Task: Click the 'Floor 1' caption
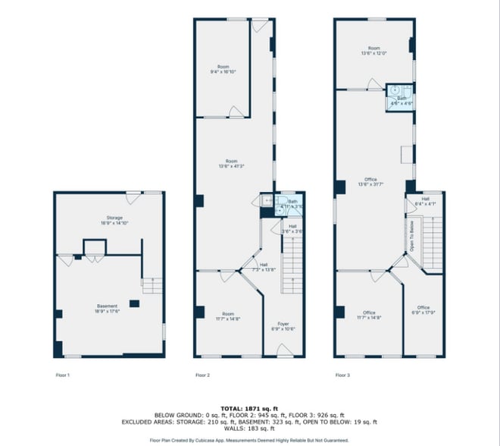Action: pyautogui.click(x=63, y=375)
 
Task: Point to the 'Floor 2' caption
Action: pyautogui.click(x=202, y=375)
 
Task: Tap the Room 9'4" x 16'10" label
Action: pyautogui.click(x=223, y=70)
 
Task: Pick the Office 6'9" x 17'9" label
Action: pyautogui.click(x=423, y=309)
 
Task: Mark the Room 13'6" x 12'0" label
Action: pyautogui.click(x=373, y=52)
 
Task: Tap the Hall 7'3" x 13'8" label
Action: pyautogui.click(x=253, y=267)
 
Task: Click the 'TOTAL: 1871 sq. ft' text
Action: pyautogui.click(x=249, y=408)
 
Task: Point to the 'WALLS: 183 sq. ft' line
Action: pyautogui.click(x=249, y=429)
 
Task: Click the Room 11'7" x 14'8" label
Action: pyautogui.click(x=228, y=316)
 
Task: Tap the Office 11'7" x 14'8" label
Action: pyautogui.click(x=369, y=315)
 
